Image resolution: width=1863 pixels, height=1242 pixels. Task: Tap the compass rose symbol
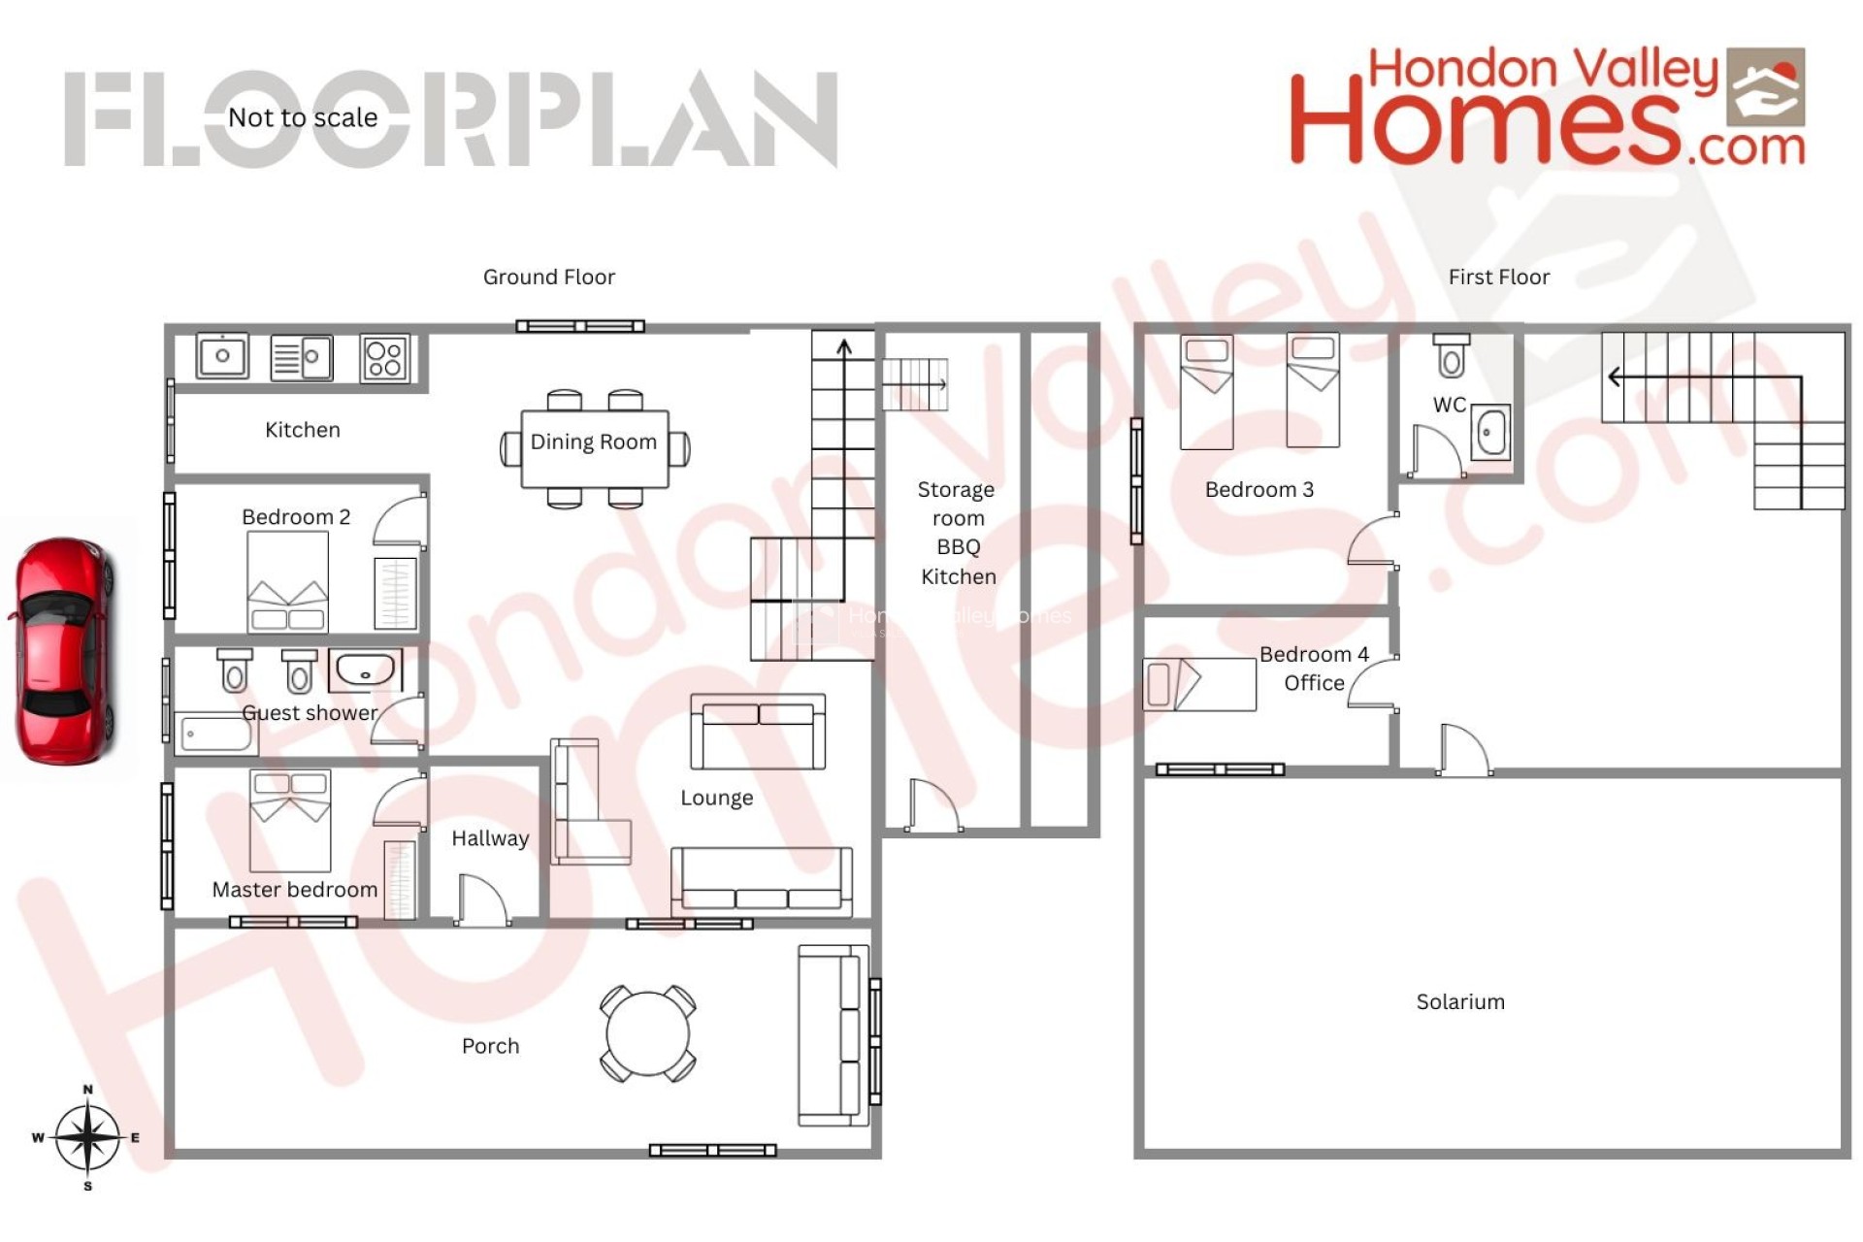[x=87, y=1137]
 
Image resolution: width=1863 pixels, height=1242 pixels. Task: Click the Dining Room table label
[x=594, y=442]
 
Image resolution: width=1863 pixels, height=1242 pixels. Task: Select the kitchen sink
[x=222, y=356]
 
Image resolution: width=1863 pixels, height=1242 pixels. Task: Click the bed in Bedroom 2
[x=287, y=582]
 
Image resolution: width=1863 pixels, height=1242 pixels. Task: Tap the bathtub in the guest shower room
[x=216, y=735]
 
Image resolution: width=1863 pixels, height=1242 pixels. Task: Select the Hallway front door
[x=482, y=900]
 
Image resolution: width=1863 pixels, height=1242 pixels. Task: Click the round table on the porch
[x=647, y=1033]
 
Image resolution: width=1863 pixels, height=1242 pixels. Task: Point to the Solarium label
[x=1460, y=1002]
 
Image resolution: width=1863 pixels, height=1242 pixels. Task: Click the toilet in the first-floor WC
[x=1452, y=356]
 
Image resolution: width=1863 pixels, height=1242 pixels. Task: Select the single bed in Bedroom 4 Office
[x=1199, y=684]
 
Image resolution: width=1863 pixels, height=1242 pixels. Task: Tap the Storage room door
[x=933, y=806]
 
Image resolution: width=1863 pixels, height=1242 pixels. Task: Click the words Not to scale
[x=303, y=117]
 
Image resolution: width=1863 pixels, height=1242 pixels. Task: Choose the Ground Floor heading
[x=549, y=278]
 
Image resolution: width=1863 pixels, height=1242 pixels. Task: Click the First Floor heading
[x=1499, y=278]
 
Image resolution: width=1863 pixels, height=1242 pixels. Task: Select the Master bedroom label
[x=295, y=890]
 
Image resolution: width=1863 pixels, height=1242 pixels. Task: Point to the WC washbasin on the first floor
[x=1490, y=433]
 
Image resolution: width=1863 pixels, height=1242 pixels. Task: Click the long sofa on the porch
[x=833, y=1035]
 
